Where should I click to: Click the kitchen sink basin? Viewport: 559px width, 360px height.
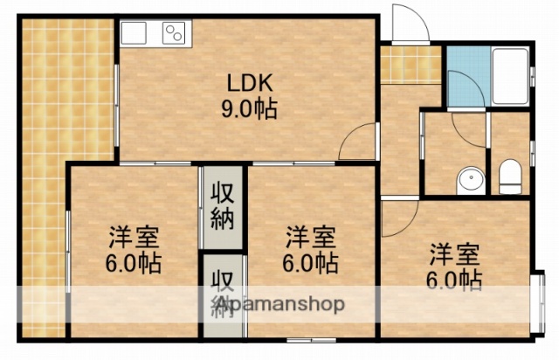pos(136,34)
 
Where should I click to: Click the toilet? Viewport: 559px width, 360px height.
pos(509,178)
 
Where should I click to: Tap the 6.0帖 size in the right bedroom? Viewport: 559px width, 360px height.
pos(454,280)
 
